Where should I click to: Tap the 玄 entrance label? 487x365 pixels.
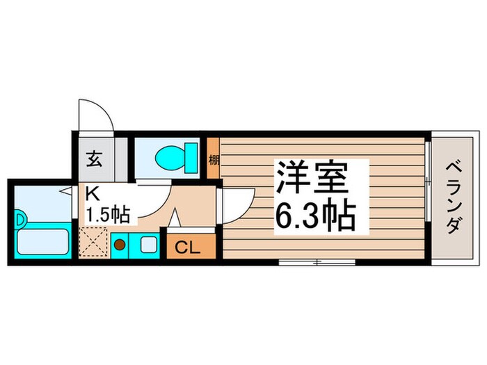pyautogui.click(x=94, y=157)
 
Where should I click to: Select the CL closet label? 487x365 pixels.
pyautogui.click(x=186, y=246)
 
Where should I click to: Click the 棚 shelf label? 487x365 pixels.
pyautogui.click(x=214, y=159)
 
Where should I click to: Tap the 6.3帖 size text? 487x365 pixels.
pyautogui.click(x=315, y=217)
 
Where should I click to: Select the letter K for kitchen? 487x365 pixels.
pyautogui.click(x=90, y=193)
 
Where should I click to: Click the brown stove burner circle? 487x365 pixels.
pyautogui.click(x=120, y=245)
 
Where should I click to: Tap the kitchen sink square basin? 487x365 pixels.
pyautogui.click(x=147, y=245)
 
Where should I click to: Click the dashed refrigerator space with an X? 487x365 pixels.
pyautogui.click(x=93, y=243)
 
